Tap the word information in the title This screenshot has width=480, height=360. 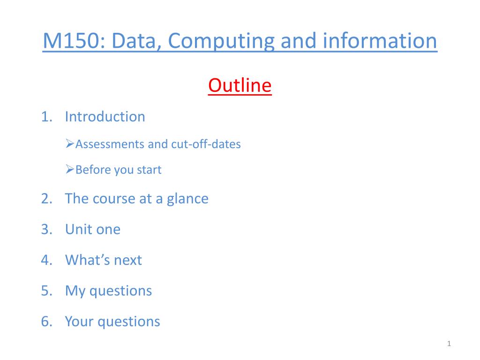(x=380, y=40)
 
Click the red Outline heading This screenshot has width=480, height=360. (x=240, y=85)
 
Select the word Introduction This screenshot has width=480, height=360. (x=105, y=117)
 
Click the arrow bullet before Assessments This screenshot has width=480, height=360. (x=70, y=143)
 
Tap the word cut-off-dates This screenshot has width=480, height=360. (x=206, y=144)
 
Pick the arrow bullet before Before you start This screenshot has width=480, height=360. (x=70, y=169)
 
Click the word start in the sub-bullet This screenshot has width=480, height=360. (x=149, y=170)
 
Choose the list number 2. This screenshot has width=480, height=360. (x=46, y=199)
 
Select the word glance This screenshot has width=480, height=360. (x=187, y=199)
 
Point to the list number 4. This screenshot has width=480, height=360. (x=46, y=260)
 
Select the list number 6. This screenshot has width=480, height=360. (x=46, y=322)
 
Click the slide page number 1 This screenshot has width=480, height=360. (x=449, y=344)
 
